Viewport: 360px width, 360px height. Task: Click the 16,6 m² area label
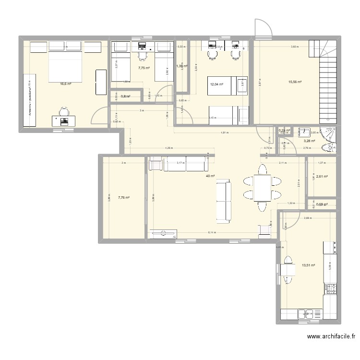[65, 84]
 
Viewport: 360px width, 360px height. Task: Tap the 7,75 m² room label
[144, 68]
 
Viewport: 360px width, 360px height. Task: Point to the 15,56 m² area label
[295, 82]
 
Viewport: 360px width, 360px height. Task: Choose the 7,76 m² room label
[123, 197]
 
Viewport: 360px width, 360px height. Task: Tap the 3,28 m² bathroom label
[309, 141]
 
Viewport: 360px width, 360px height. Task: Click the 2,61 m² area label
[321, 177]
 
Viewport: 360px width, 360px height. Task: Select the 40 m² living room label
[210, 176]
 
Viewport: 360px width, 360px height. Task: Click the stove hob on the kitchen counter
[330, 288]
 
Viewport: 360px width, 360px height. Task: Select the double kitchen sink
[306, 315]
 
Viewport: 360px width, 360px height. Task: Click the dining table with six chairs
[262, 188]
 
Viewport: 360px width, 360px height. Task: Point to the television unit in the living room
[163, 234]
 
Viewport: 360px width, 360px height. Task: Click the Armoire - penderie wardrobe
[29, 100]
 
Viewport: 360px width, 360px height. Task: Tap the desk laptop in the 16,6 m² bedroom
[63, 120]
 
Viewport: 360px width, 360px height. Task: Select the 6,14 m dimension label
[211, 233]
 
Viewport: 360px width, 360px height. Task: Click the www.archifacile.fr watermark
[331, 337]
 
